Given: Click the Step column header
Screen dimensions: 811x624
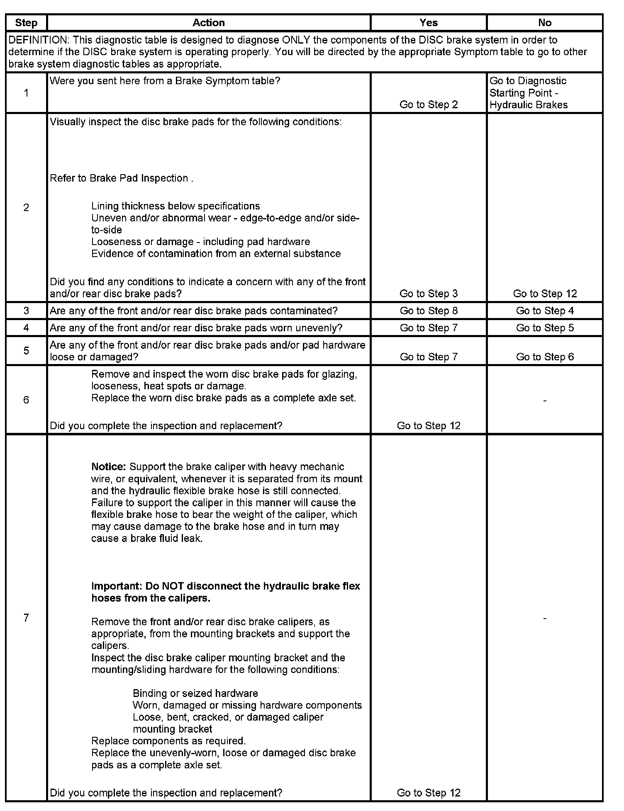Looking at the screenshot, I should coord(26,23).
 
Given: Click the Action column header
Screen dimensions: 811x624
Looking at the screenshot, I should coord(208,23).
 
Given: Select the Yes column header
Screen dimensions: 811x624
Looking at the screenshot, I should coord(428,23).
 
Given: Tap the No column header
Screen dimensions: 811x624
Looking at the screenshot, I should coord(544,23).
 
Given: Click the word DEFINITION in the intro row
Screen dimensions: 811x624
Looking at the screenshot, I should coord(37,40).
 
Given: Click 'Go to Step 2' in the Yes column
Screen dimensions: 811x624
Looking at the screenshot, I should coord(429,104).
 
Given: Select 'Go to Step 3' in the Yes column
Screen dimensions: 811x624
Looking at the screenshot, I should coord(429,294).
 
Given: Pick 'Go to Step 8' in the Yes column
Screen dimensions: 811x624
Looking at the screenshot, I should coord(429,311).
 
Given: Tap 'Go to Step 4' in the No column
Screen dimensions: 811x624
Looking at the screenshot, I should coord(545,311).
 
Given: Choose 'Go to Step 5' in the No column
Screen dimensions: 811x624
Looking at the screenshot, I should coord(545,328).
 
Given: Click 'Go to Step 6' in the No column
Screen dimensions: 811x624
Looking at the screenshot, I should coord(545,357).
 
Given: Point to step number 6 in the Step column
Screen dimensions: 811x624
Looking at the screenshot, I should coord(26,400).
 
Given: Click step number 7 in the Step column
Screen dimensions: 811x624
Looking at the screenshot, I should coord(26,618).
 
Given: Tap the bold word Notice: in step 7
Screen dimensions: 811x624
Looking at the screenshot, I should coord(108,467).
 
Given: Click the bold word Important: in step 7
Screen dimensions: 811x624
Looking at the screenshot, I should coord(117,586).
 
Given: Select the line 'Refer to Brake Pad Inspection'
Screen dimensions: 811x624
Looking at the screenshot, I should coord(121,178).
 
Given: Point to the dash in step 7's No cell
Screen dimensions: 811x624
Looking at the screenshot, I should coord(544,618).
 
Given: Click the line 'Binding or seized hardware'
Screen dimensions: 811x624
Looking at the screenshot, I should coord(195,693).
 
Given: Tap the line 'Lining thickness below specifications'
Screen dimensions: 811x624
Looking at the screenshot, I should coord(175,206).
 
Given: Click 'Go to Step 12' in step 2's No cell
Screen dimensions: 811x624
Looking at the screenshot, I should coord(545,294).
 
